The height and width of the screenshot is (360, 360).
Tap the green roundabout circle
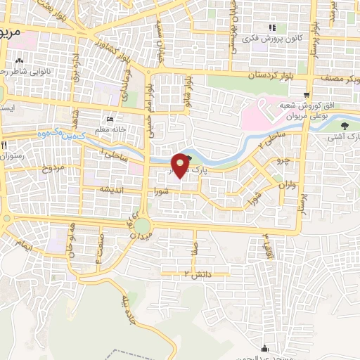143,226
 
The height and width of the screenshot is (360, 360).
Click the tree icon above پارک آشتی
344,127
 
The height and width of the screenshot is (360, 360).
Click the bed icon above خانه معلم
108,118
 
